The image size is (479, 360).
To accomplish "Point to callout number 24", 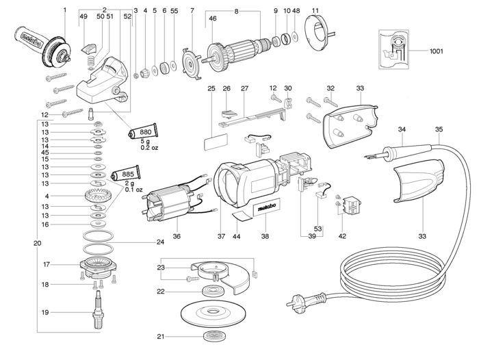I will tap(160, 242).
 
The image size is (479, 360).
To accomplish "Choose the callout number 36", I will tap(177, 236).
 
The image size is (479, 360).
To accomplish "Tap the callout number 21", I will tap(161, 336).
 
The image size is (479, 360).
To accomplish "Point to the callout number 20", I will tap(36, 243).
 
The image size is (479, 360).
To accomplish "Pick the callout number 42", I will tap(343, 236).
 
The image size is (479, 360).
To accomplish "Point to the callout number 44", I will tap(237, 236).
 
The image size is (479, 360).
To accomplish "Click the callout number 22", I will tap(161, 292).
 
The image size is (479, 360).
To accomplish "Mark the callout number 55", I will tap(174, 10).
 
